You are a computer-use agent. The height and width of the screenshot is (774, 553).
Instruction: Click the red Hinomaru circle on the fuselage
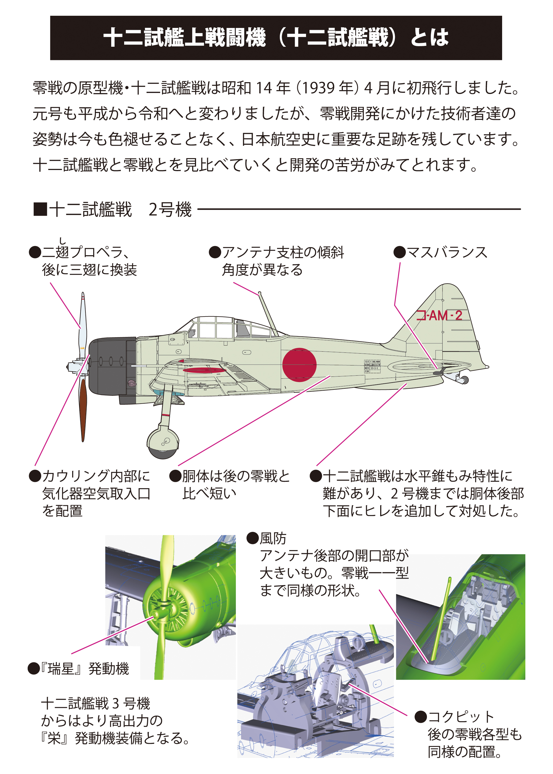299,365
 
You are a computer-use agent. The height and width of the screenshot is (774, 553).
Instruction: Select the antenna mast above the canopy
267,313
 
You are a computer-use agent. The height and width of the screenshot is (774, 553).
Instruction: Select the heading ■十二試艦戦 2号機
112,209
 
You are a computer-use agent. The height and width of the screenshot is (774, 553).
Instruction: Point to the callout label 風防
272,538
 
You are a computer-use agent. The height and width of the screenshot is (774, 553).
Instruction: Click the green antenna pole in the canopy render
441,619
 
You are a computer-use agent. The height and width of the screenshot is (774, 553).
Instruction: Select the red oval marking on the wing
204,370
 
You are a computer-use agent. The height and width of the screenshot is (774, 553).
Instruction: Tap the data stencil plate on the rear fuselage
372,367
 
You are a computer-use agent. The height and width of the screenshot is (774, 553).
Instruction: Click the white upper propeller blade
83,323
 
